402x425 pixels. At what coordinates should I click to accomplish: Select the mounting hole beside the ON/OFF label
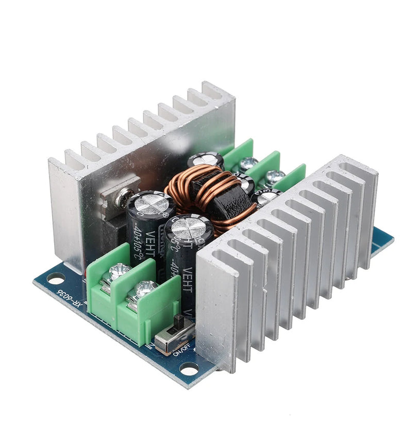[189, 369]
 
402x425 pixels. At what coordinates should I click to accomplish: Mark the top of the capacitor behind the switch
[189, 227]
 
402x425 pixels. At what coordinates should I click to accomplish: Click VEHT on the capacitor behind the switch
[187, 278]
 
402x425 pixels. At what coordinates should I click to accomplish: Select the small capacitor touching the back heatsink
[205, 160]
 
